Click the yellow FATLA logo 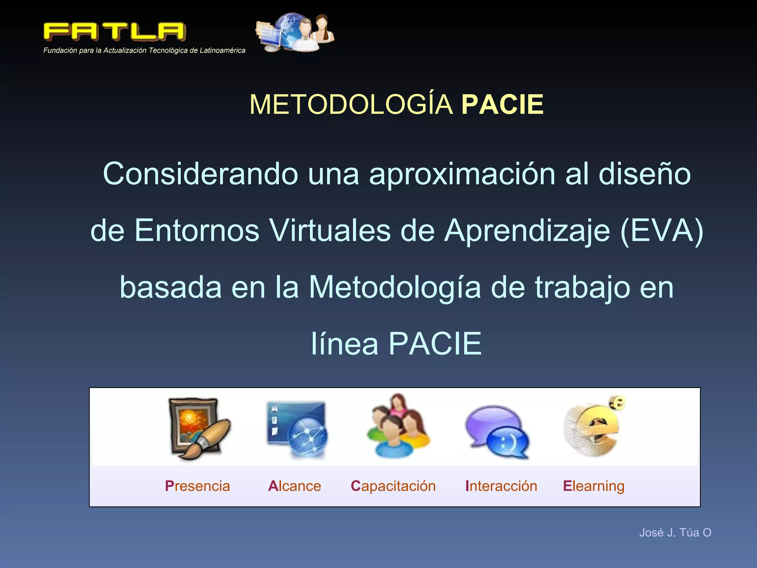pos(114,31)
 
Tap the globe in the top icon pos(290,28)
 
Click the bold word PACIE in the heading pos(502,105)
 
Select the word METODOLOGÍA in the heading pos(351,105)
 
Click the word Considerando pos(200,174)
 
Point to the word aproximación pos(462,174)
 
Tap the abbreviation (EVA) pos(662,230)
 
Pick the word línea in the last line pos(344,344)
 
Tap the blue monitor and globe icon pos(297,429)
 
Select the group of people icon pos(398,427)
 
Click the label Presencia pos(197,486)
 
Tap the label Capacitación pos(393,486)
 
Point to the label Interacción pos(501,486)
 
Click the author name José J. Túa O pos(675,532)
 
